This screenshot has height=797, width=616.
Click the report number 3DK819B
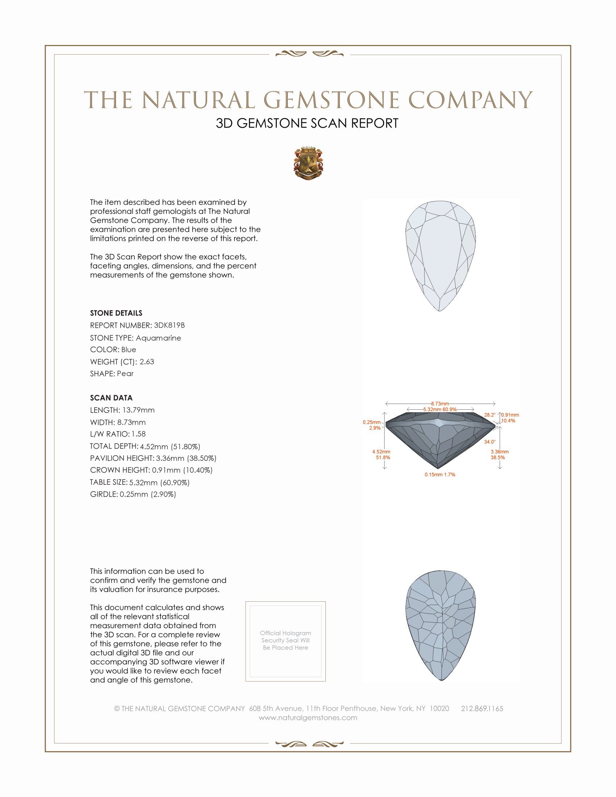coord(169,325)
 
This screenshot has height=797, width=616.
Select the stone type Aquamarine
coord(158,338)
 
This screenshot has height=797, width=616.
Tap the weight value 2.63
coord(147,362)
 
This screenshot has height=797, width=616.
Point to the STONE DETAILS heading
coord(116,313)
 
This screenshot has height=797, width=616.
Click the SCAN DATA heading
coord(111,398)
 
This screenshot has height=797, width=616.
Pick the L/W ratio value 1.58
coord(139,434)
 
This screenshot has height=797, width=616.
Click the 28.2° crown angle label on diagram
coord(490,415)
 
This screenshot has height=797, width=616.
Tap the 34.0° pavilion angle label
coord(490,442)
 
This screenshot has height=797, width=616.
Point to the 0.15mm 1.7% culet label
coord(440,475)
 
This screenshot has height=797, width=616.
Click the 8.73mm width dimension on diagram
coord(440,404)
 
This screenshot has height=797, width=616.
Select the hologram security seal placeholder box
coord(286,641)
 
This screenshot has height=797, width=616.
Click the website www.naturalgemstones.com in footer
coord(308,718)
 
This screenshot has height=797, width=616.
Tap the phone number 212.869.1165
coord(482,709)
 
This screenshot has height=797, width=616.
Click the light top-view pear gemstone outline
coord(441,255)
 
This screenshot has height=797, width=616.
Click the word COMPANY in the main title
coord(470,100)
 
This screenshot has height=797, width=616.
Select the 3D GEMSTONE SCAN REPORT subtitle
coord(307,123)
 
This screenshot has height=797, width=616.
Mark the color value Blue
coord(129,350)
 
